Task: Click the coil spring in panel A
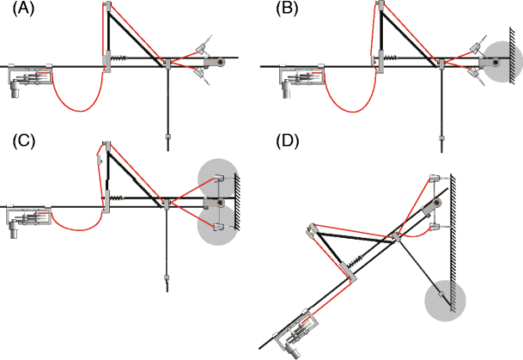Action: click(x=125, y=59)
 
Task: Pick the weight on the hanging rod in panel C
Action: click(x=164, y=277)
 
